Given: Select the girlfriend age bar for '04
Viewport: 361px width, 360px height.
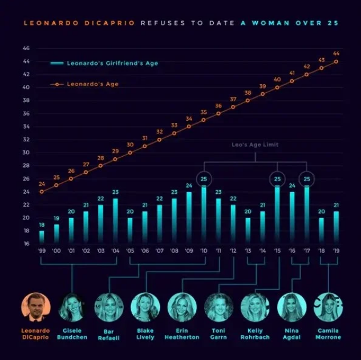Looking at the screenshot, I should [116, 222].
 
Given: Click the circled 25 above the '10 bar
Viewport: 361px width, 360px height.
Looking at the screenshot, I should [204, 179].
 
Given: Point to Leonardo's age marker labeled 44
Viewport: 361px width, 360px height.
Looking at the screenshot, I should [336, 62].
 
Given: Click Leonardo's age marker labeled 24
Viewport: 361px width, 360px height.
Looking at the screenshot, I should [42, 192].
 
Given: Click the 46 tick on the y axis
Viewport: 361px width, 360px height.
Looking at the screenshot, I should [26, 48].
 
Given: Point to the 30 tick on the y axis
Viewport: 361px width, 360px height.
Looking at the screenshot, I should [26, 153].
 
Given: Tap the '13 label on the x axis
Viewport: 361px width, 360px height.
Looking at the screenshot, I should [248, 251].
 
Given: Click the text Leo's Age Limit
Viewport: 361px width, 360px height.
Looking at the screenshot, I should [255, 145].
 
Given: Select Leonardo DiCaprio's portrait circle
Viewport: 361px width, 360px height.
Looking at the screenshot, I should [36, 308].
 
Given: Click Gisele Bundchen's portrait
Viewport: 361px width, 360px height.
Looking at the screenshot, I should [72, 308].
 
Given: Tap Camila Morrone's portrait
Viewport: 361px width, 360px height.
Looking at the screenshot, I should [328, 308].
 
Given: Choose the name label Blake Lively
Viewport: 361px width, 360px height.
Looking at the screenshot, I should [145, 334].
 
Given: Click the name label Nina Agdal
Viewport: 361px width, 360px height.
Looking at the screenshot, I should [291, 334].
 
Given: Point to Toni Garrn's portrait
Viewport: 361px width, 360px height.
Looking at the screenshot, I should [218, 308].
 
